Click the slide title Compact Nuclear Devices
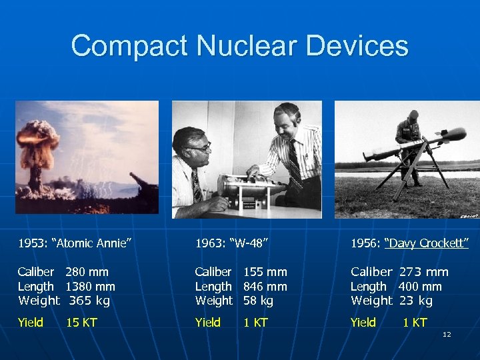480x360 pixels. (x=239, y=46)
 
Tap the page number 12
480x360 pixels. (x=446, y=333)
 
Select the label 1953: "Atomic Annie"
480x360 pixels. (x=73, y=243)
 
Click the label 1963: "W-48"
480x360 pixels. (x=231, y=243)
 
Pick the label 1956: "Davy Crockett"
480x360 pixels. (x=409, y=243)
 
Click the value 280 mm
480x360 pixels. (x=87, y=272)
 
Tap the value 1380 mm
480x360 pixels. (x=90, y=287)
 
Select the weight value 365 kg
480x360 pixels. (x=89, y=301)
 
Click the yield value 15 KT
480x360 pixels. (x=81, y=323)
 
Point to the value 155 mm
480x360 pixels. (x=265, y=272)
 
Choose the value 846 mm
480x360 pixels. (x=265, y=287)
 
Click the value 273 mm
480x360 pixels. (x=423, y=272)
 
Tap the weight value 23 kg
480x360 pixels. (x=416, y=301)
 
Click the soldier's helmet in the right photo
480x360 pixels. (x=413, y=115)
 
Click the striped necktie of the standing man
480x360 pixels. (x=294, y=160)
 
